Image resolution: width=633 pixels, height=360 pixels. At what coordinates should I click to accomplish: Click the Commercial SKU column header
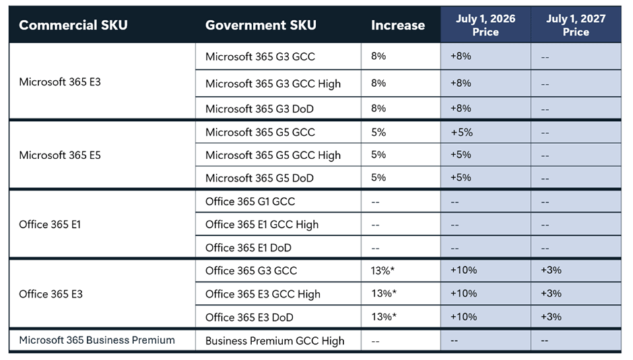click(73, 26)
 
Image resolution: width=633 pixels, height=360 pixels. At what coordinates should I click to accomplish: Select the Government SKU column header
click(261, 26)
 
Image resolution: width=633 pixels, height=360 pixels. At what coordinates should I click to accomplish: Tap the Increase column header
click(397, 26)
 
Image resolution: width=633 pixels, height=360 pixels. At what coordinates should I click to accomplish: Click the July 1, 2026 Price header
click(485, 25)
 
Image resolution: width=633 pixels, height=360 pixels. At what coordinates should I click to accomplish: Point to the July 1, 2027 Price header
click(576, 25)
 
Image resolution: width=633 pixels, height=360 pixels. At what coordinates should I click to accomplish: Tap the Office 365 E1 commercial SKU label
click(50, 225)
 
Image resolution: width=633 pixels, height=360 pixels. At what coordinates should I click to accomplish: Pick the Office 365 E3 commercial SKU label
click(51, 294)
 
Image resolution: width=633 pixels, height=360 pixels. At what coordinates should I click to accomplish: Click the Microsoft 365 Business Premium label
click(97, 340)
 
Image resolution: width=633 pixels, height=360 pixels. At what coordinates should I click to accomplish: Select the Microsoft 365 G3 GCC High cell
click(273, 84)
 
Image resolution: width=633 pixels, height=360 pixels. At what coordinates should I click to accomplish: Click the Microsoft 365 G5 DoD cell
click(259, 178)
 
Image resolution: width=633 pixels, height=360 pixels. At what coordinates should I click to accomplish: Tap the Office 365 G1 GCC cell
click(251, 201)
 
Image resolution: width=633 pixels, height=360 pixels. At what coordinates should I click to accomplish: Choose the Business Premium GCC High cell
click(275, 341)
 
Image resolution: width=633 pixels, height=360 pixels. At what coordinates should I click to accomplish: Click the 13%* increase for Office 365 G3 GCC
click(383, 271)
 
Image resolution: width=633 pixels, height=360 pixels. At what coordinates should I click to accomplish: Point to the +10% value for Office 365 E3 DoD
click(463, 317)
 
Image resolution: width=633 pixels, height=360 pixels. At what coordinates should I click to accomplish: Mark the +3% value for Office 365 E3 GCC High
click(550, 294)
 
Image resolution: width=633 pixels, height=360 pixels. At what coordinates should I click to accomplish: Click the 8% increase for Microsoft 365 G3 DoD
click(378, 109)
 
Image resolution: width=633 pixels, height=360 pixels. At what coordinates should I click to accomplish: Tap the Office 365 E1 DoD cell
click(248, 248)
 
